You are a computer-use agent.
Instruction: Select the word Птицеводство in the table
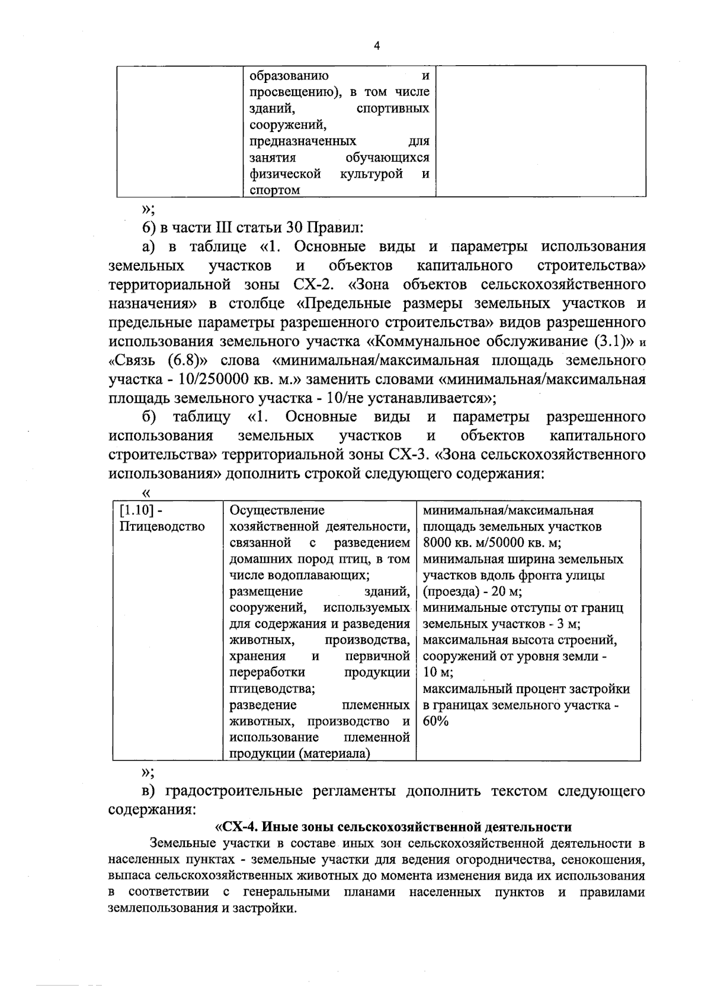click(162, 527)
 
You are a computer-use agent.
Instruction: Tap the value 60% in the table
click(436, 721)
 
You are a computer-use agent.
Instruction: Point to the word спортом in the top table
click(274, 190)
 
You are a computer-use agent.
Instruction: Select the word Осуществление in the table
click(277, 510)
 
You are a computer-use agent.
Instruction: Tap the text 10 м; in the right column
click(438, 672)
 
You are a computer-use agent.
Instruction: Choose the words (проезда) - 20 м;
click(472, 591)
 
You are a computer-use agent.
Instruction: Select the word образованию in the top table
click(289, 76)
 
